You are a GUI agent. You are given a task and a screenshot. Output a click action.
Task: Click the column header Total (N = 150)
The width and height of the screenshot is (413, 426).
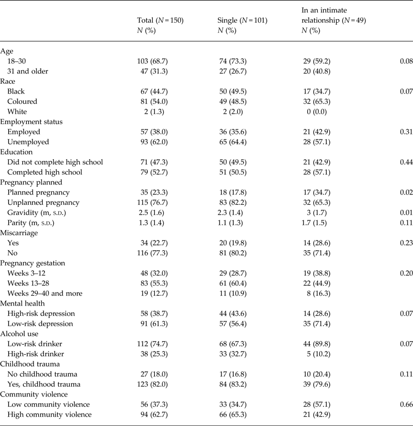(x=157, y=21)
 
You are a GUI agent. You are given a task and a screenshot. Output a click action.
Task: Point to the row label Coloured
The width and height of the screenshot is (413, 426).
(x=33, y=101)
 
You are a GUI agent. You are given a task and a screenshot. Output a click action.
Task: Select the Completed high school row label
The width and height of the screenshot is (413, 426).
(x=53, y=172)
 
